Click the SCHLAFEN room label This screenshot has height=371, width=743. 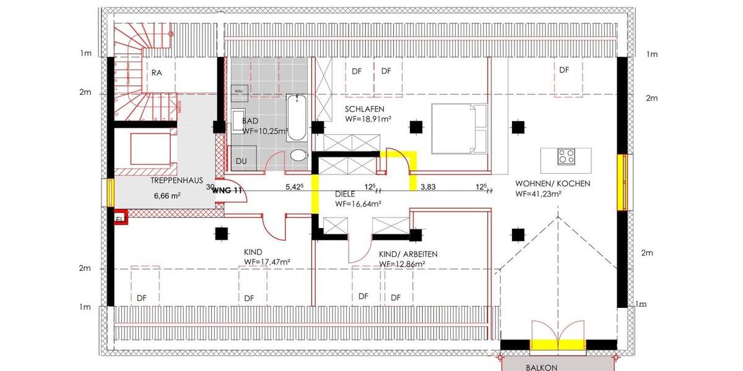coord(365,108)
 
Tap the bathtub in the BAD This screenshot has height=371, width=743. coord(297,117)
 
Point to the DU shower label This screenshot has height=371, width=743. coord(241,161)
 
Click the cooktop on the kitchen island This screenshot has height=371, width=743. coord(565,156)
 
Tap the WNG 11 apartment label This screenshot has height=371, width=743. coord(227,190)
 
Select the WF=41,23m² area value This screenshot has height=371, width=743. coord(538,194)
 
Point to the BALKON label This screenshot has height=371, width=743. coord(542,367)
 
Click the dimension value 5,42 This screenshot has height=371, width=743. coord(294,186)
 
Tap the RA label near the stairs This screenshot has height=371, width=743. coord(157,73)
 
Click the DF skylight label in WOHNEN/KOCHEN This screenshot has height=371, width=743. coord(563,70)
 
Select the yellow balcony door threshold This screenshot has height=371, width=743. coord(558,344)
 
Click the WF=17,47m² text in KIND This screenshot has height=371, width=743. coord(267,262)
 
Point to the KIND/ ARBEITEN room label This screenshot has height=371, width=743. coord(408,254)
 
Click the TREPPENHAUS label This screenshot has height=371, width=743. coord(177,181)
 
